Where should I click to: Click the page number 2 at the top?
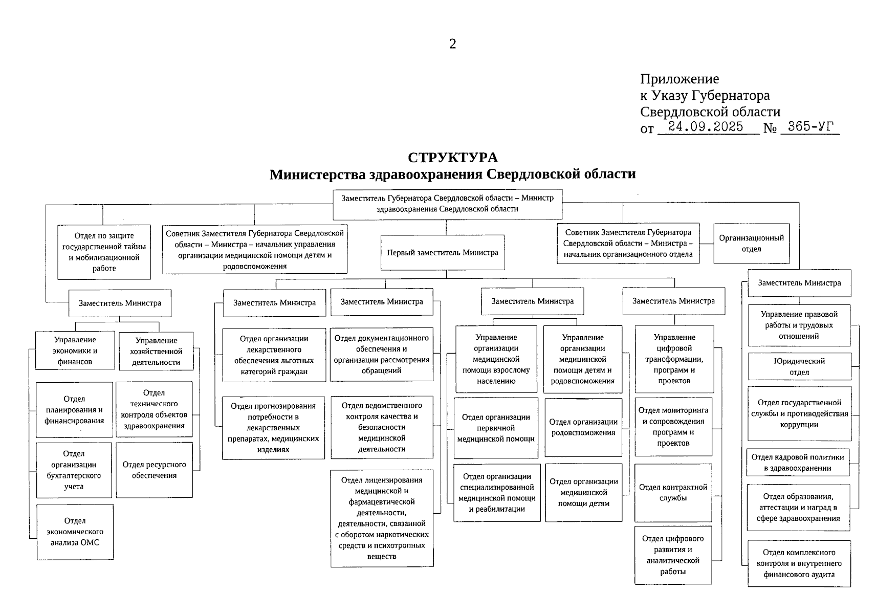452,45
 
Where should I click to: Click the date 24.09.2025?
705,127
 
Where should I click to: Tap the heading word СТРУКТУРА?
452,158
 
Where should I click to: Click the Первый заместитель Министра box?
443,252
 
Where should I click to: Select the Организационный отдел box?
751,244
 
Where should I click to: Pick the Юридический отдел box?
799,366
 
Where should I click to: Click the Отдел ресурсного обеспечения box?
154,470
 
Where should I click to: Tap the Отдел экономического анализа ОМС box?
75,532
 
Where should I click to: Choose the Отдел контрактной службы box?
673,492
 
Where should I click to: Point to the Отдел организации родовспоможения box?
583,427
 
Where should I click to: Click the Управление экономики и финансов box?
75,350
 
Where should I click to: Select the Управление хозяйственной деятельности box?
156,352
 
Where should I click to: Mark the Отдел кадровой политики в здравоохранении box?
798,463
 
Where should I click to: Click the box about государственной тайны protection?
104,252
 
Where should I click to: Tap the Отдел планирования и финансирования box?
74,410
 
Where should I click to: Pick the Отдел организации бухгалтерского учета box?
74,470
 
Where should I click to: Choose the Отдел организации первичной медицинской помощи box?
495,428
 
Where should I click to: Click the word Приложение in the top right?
679,79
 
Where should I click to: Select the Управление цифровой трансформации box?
674,359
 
